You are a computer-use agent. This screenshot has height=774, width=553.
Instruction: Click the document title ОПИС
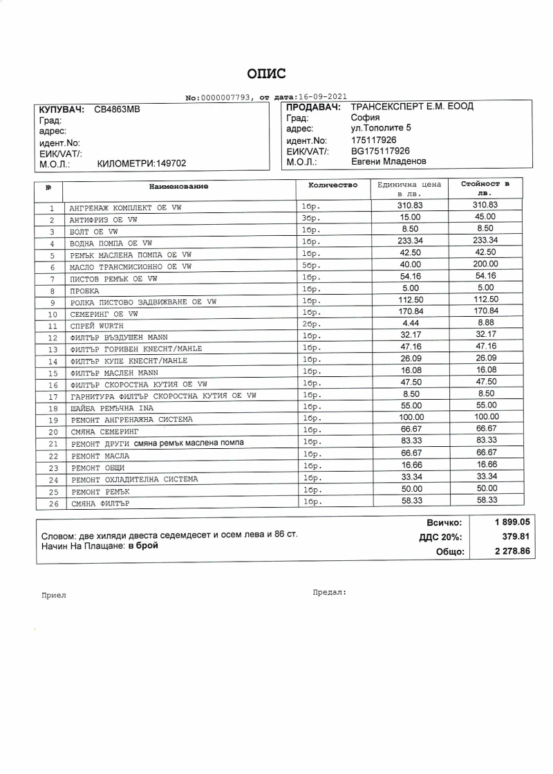266,74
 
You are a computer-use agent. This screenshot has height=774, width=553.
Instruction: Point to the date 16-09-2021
321,97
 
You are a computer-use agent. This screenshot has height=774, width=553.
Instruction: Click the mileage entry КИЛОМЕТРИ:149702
142,164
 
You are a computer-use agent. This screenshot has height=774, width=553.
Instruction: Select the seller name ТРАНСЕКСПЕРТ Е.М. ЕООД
412,107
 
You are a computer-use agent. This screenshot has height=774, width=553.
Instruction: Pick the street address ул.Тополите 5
381,128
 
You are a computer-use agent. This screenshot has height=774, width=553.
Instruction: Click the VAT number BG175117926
380,151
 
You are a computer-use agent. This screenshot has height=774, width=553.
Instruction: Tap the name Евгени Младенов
388,162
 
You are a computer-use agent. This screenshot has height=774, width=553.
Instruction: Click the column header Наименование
178,186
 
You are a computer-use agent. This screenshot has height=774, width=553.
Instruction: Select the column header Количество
332,185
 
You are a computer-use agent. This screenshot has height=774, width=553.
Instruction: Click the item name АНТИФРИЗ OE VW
104,220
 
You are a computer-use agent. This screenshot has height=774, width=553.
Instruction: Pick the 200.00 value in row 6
485,264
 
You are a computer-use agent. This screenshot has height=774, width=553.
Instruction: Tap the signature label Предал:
329,592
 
